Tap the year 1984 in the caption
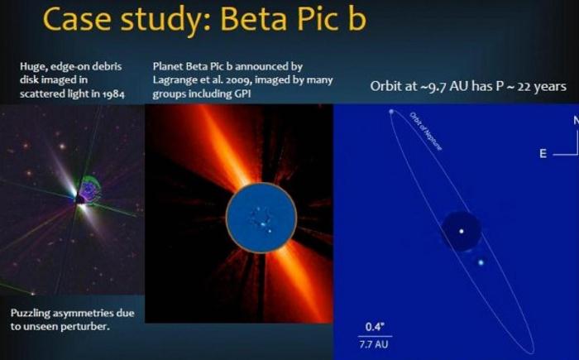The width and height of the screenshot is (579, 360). [x=114, y=94]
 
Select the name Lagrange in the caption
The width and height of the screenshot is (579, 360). [x=171, y=80]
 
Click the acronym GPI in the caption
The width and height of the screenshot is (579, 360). [x=242, y=94]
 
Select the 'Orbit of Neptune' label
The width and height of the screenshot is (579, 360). [x=426, y=131]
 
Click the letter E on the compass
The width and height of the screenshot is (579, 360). [x=543, y=153]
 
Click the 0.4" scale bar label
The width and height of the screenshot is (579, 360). [x=375, y=327]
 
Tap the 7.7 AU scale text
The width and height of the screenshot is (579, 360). [x=374, y=344]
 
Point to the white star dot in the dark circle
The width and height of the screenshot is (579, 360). [x=462, y=232]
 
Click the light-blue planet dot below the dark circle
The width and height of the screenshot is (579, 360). [x=481, y=262]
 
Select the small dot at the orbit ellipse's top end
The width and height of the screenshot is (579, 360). [x=391, y=111]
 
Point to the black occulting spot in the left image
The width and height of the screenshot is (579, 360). [x=80, y=200]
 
